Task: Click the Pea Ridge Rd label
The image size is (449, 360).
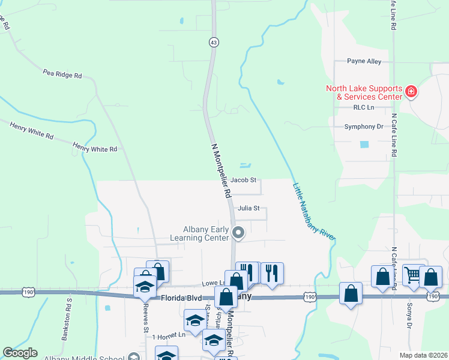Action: pos(62,74)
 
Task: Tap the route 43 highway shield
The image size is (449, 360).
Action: pos(214,42)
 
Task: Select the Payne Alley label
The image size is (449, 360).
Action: pos(365,61)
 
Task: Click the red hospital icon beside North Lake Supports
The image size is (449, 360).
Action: pos(411,92)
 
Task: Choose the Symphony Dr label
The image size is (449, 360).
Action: pos(364,127)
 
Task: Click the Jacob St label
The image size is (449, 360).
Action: pos(243,180)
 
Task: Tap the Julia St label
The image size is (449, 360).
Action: pos(248,209)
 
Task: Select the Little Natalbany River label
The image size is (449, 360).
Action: pos(313,211)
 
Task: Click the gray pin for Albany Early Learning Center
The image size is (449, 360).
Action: pos(238,232)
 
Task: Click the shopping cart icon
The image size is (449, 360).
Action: pos(412,275)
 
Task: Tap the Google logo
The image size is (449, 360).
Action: pos(20,353)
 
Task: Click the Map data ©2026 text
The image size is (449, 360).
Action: pos(422,355)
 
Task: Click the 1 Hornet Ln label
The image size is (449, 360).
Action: pos(169,337)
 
